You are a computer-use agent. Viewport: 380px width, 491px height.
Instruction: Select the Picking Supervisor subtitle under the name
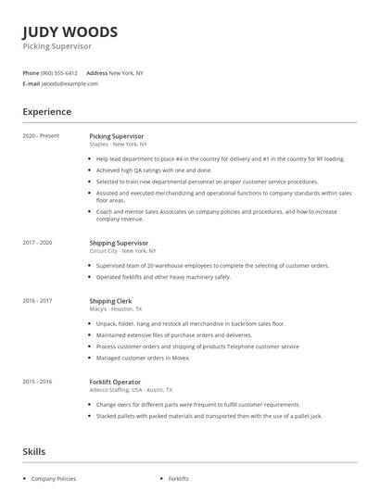tap(57, 45)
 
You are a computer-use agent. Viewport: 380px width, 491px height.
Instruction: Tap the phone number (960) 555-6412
tap(59, 72)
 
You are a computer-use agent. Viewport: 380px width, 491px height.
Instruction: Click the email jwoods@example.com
tap(70, 83)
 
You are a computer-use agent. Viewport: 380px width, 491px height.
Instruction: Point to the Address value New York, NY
tap(126, 72)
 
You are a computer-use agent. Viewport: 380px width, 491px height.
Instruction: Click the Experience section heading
tap(47, 112)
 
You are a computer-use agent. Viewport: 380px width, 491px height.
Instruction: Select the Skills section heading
tap(34, 451)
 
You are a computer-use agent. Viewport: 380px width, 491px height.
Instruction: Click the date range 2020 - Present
tap(41, 136)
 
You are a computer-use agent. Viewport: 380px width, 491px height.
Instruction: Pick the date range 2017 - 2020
tap(37, 243)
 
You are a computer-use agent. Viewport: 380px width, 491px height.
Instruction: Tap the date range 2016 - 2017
tap(37, 301)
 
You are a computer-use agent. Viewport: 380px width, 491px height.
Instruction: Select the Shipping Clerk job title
tap(110, 301)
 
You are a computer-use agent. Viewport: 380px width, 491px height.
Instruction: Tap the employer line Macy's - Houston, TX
tap(119, 308)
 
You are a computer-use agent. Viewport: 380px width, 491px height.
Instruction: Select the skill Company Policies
tap(53, 479)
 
